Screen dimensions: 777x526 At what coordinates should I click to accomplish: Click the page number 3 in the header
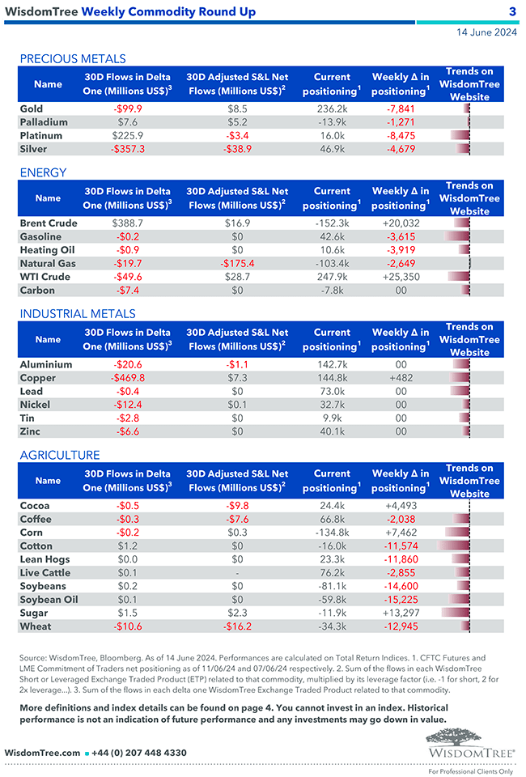512,11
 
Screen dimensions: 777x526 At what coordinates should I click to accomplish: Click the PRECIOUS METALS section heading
73,58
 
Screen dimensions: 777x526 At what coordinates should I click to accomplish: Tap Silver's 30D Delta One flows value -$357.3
128,149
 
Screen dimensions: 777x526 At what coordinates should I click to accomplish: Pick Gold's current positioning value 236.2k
332,108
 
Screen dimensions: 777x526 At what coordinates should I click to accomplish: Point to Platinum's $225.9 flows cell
128,135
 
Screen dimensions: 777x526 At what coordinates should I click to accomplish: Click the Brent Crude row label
49,223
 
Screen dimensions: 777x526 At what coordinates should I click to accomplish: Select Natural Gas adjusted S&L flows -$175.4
237,263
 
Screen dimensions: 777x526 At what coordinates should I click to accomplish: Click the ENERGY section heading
43,172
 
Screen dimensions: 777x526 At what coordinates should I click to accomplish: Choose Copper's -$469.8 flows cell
128,378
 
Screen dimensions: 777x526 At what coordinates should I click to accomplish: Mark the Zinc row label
31,431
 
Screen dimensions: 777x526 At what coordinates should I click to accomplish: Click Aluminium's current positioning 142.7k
332,364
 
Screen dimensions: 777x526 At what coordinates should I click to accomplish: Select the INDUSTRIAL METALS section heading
78,313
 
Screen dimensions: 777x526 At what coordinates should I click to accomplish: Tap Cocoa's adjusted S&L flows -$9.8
237,505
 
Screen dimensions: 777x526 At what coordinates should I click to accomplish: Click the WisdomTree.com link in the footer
42,753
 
